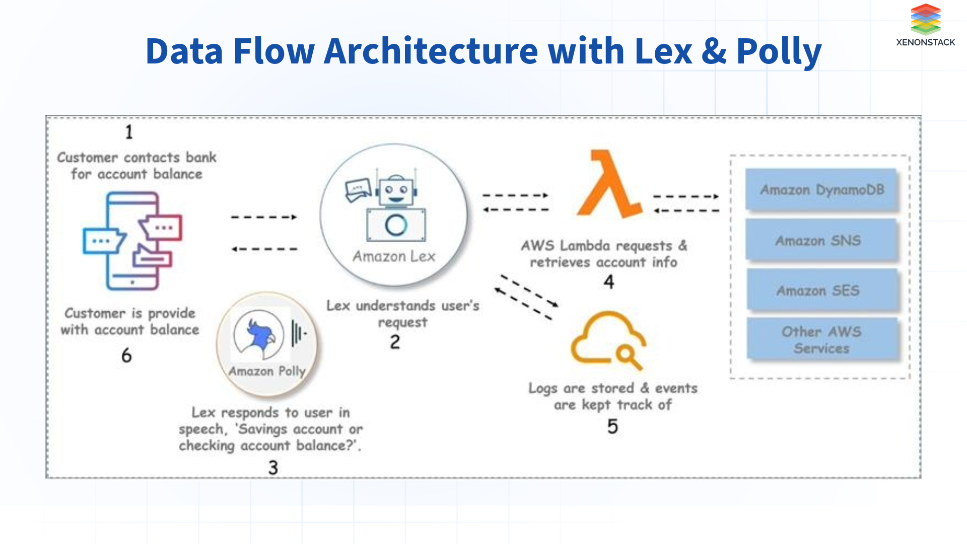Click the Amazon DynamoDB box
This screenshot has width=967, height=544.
pos(821,190)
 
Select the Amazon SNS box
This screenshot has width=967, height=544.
pos(821,240)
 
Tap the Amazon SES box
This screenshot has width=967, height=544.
pos(821,290)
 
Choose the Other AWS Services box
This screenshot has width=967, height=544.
pos(821,339)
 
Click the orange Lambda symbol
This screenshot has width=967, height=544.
pos(609,184)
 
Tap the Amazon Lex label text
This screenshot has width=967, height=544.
pos(394,256)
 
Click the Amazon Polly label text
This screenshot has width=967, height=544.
pos(267,371)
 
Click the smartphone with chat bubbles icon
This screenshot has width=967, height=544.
pos(132,241)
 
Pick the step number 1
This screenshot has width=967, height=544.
pos(129,132)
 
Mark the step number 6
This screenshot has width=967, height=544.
pos(126,356)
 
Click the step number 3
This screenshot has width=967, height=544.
pos(273,467)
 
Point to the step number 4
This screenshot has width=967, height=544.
pos(609,282)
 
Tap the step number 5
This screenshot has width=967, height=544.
pos(612,427)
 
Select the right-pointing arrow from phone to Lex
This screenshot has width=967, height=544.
pos(264,217)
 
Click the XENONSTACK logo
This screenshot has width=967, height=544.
pos(925,25)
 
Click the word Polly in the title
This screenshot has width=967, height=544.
pos(779,52)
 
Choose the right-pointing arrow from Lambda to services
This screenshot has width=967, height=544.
pos(686,196)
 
